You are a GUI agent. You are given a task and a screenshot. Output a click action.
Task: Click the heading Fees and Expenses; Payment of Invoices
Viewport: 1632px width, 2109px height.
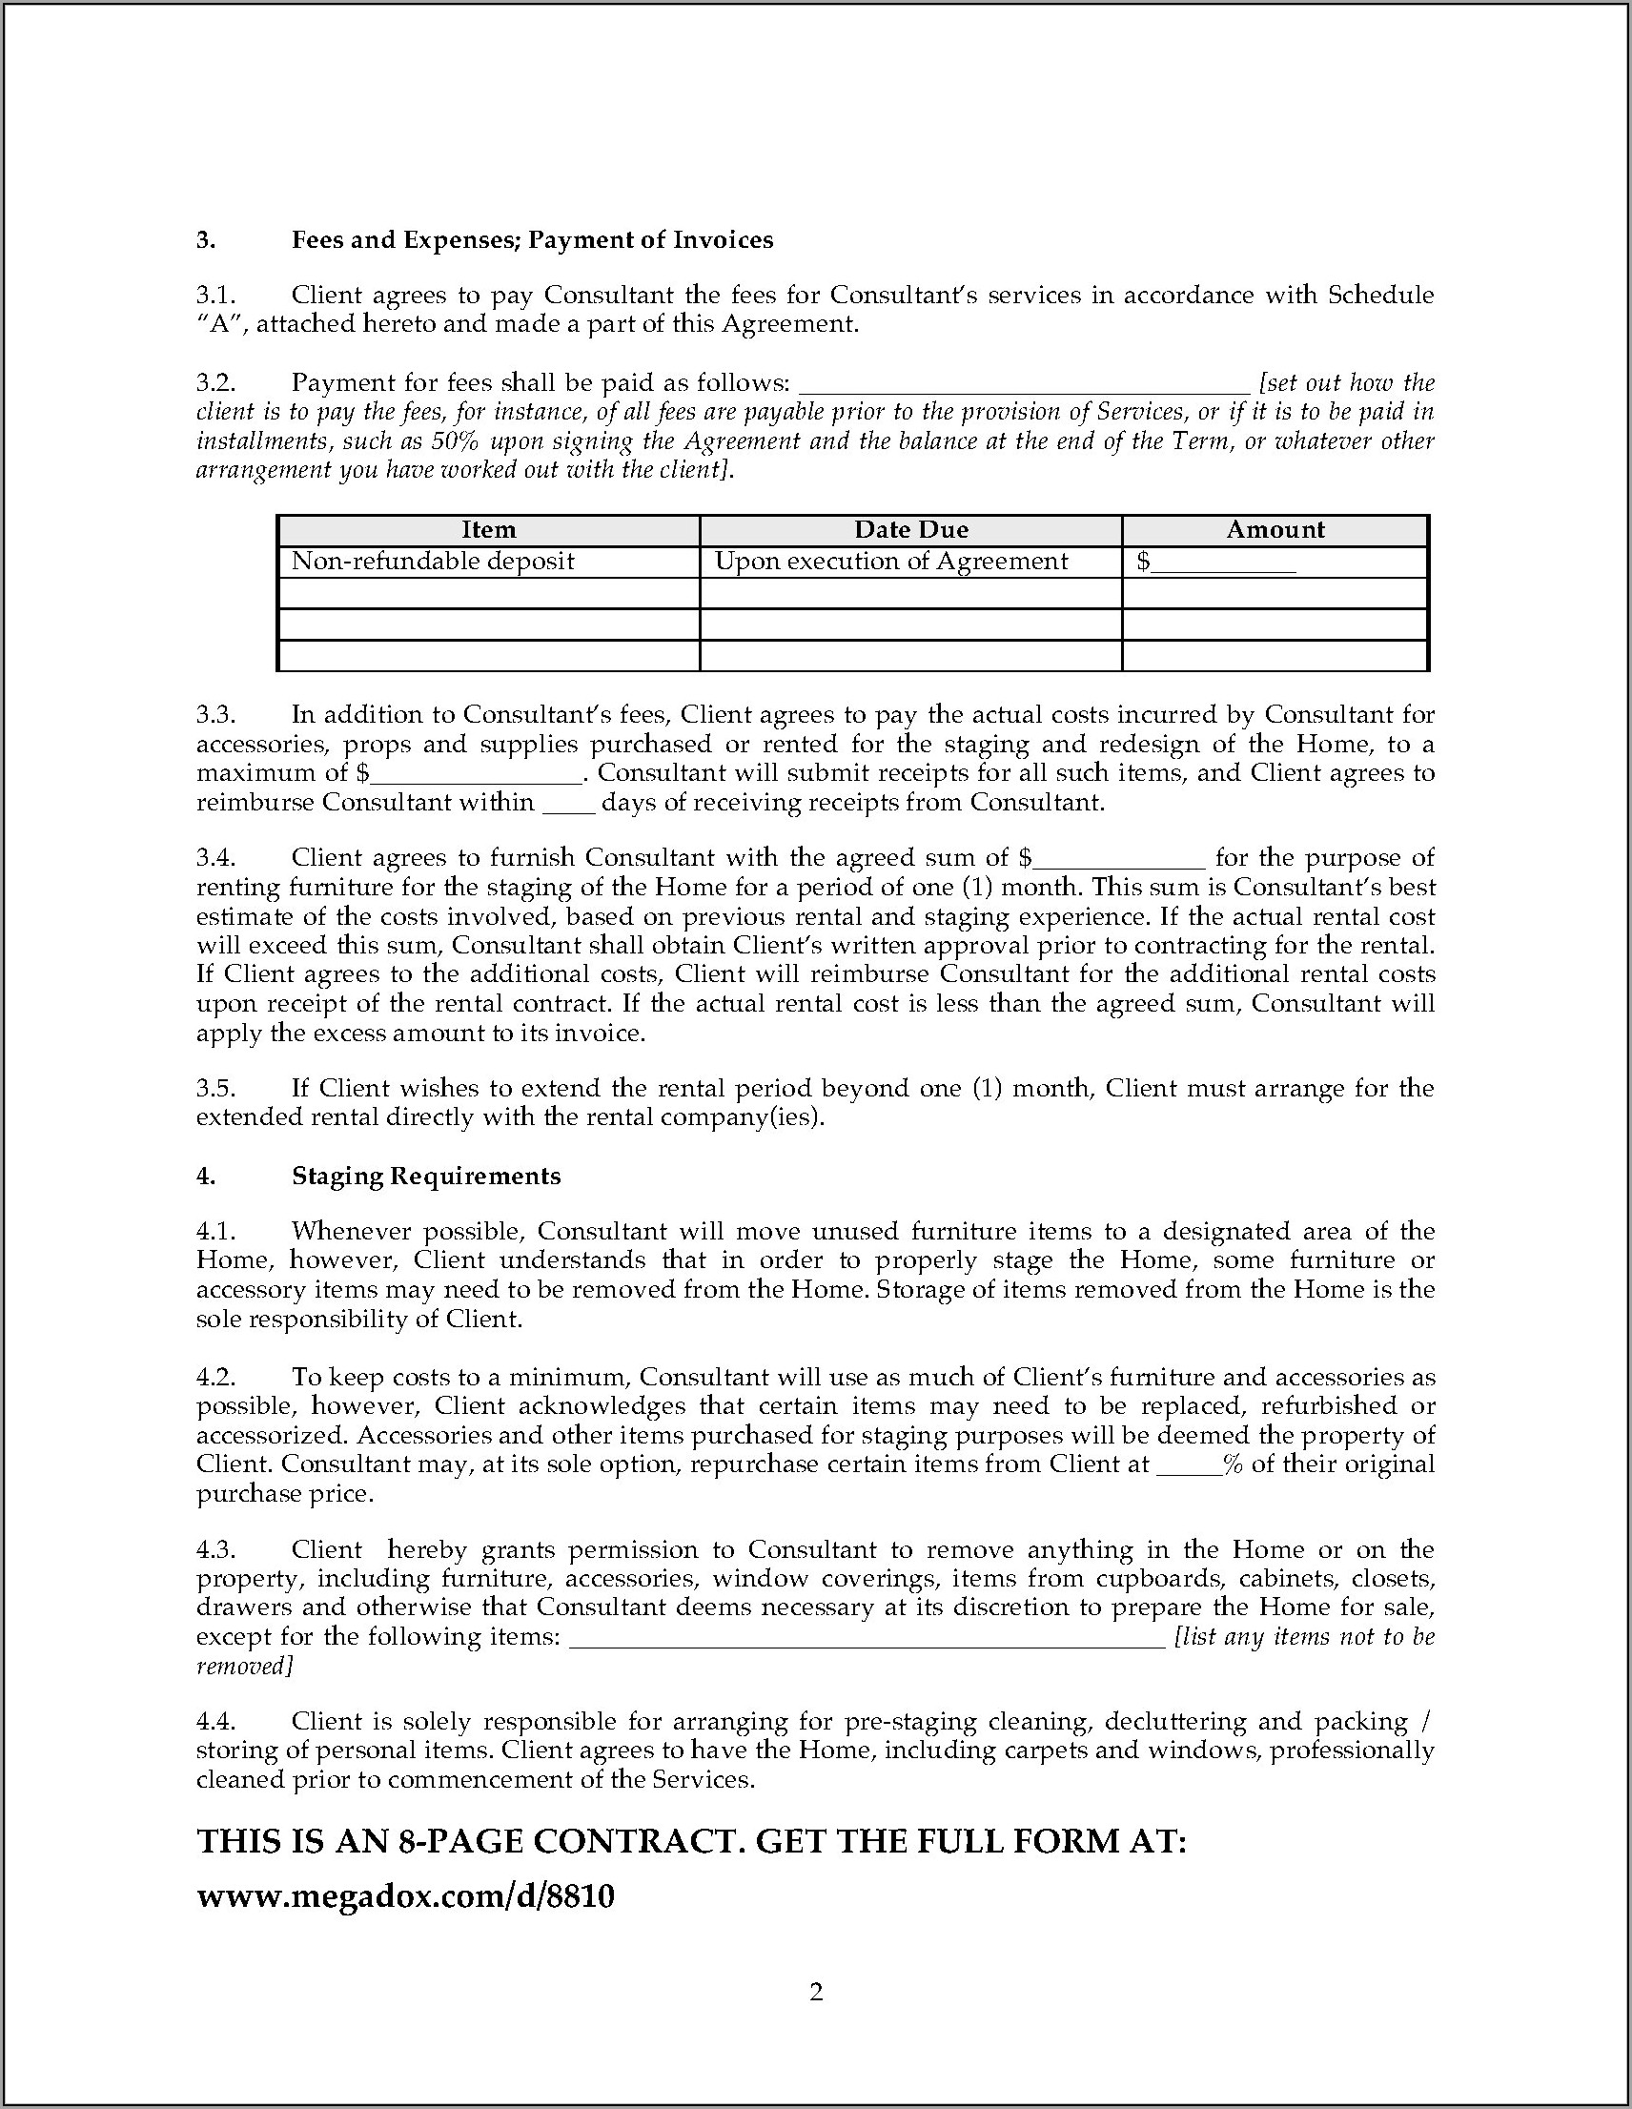click(x=532, y=240)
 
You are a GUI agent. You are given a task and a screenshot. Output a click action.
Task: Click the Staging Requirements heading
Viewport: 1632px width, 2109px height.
click(x=426, y=1177)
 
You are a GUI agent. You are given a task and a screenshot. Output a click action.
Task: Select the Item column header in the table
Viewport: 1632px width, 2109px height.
click(x=489, y=530)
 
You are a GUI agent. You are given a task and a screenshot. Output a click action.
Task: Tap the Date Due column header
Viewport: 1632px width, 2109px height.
click(x=910, y=530)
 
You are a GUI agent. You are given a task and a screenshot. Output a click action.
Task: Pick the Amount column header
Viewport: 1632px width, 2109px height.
click(x=1275, y=530)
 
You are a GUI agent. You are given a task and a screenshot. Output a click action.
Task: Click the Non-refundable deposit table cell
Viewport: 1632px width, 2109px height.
click(x=433, y=562)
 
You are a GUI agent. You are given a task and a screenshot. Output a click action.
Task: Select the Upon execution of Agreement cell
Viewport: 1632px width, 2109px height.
click(x=891, y=562)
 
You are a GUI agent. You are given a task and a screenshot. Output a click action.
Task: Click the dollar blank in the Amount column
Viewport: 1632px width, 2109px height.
click(x=1225, y=563)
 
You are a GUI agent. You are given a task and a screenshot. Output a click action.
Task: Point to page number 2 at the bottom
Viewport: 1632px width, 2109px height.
click(x=816, y=1992)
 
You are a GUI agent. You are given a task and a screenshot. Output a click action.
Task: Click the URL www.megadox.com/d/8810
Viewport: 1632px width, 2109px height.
click(x=405, y=1896)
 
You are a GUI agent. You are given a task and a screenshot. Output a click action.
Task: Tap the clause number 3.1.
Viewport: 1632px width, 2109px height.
click(x=215, y=296)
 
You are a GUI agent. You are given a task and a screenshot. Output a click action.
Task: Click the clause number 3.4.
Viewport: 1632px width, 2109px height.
click(x=215, y=858)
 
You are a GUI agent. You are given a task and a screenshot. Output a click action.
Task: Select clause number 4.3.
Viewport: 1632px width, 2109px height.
click(x=215, y=1550)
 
